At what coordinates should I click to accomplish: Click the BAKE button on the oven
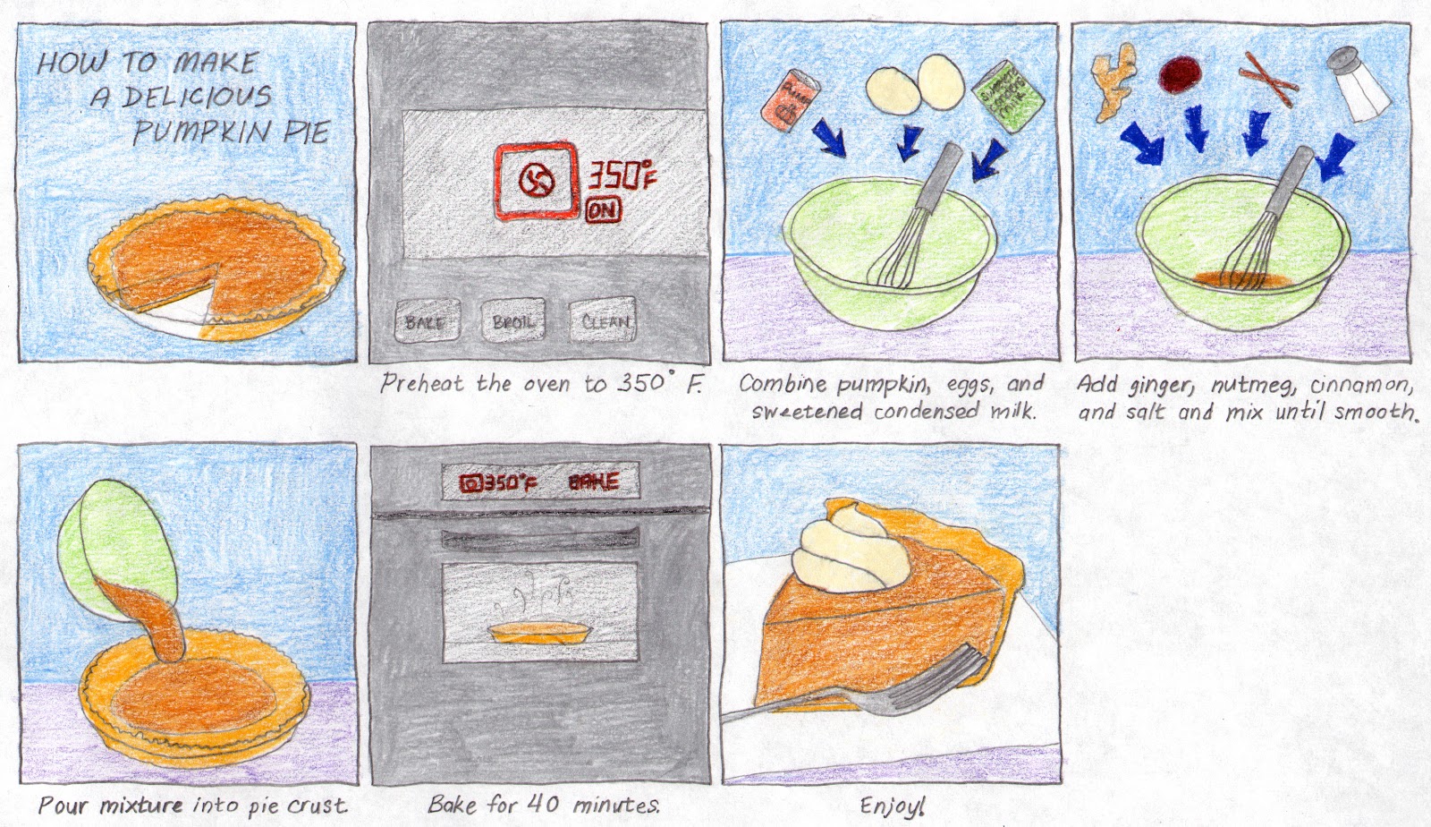[x=427, y=320]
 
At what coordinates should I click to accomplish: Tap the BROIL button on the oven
[x=512, y=320]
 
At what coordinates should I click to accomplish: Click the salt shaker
[x=1357, y=84]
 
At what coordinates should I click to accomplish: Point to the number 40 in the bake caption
[x=542, y=803]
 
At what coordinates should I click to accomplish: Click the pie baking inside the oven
[x=540, y=634]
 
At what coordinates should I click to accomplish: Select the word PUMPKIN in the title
[x=201, y=132]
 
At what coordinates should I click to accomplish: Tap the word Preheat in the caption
[x=422, y=384]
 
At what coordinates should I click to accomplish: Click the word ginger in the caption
[x=1160, y=386]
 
